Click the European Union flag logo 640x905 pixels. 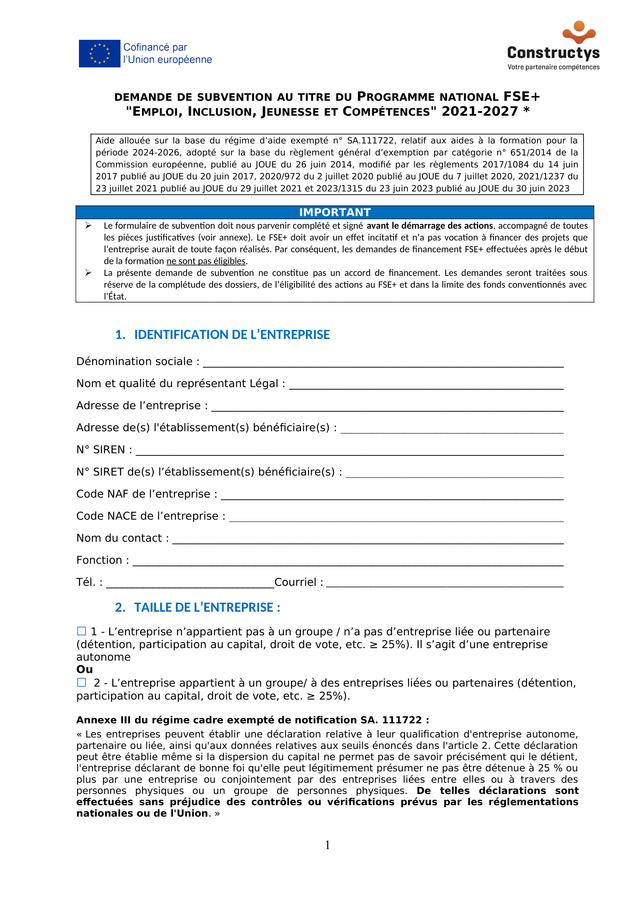(x=99, y=54)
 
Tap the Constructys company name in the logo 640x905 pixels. (x=553, y=53)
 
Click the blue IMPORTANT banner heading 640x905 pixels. (x=335, y=212)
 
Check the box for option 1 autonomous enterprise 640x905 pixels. (x=82, y=631)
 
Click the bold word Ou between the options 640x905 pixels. (x=85, y=669)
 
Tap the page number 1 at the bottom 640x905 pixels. (x=327, y=845)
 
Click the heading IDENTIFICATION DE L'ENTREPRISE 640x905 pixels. (x=232, y=335)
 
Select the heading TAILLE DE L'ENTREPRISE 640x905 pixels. (x=207, y=607)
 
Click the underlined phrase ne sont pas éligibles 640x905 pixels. (x=206, y=261)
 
